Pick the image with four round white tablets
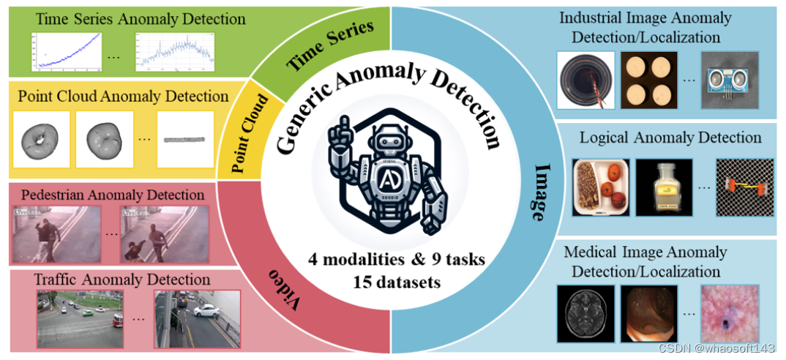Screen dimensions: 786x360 (x=650, y=80)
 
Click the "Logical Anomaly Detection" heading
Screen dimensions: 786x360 (x=670, y=138)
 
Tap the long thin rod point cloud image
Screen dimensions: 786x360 (x=185, y=139)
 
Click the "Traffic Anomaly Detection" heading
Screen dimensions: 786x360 (x=122, y=280)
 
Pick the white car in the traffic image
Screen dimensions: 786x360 (x=206, y=310)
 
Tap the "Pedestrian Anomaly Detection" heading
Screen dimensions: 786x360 (x=113, y=195)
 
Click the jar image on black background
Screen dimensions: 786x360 (x=665, y=187)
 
